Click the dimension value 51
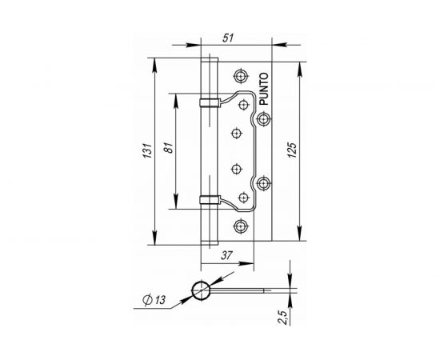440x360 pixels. tap(228, 38)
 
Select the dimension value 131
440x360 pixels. tap(148, 150)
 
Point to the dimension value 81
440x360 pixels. tap(168, 147)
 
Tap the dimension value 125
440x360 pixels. tap(292, 150)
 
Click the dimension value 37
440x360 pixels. tap(227, 255)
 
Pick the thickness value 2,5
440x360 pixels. tap(283, 318)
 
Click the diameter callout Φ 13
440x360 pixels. tap(154, 300)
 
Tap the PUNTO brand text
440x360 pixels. tap(264, 89)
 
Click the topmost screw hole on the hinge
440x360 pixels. tap(241, 76)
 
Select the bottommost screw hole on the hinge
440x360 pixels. tap(241, 226)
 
